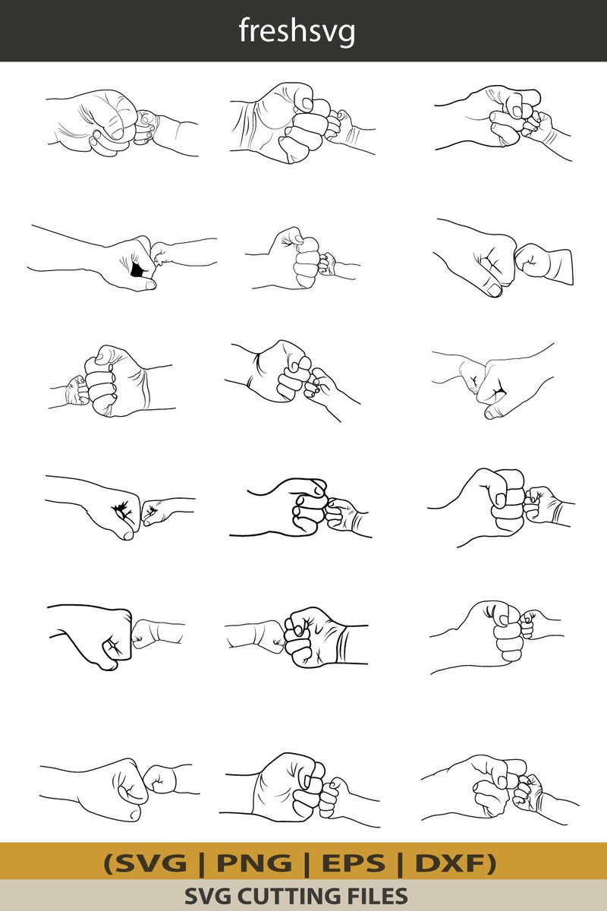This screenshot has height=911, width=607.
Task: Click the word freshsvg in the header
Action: click(x=297, y=32)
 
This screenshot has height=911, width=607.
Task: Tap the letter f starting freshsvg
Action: click(x=244, y=30)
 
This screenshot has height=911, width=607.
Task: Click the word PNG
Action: click(x=254, y=863)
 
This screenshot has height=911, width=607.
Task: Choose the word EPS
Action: click(x=354, y=863)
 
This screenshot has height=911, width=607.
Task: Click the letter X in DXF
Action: click(x=451, y=863)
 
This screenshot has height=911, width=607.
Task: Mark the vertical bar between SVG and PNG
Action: click(x=202, y=864)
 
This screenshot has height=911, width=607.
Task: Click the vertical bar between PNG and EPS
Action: click(x=307, y=864)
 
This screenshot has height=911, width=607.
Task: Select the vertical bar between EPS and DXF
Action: click(x=400, y=864)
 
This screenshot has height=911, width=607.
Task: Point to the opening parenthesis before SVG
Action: click(x=109, y=864)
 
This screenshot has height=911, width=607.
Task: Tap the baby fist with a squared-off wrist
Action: click(x=544, y=263)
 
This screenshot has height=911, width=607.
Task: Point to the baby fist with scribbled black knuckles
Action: click(x=156, y=515)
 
